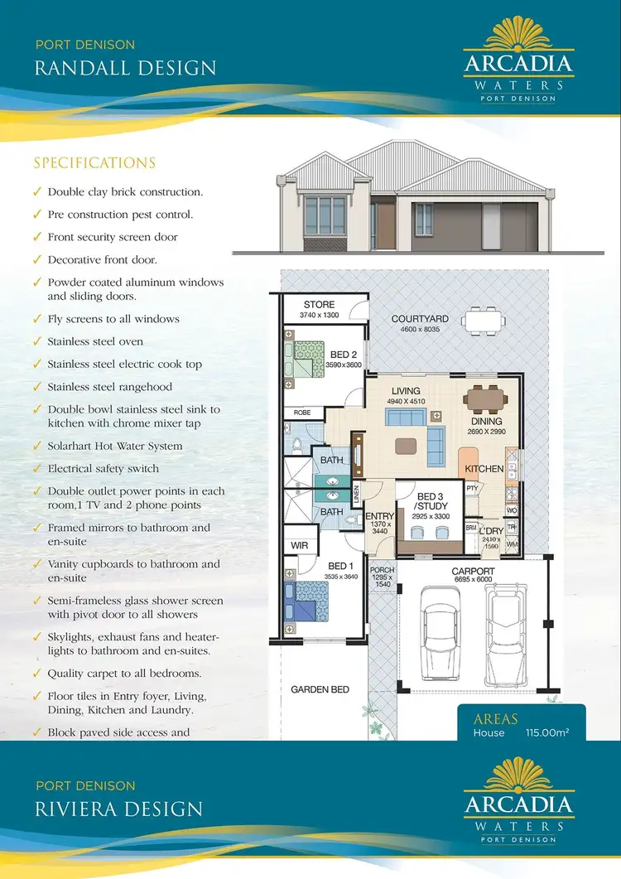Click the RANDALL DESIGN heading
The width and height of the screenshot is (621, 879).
[125, 67]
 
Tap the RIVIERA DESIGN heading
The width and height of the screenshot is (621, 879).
[118, 809]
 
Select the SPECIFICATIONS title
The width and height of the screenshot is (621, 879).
[94, 163]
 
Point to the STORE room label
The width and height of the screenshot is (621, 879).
[319, 305]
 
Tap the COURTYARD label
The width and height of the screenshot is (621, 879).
[420, 319]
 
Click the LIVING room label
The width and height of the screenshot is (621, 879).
[406, 391]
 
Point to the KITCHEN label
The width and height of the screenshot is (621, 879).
[484, 469]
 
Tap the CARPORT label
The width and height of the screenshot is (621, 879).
[473, 572]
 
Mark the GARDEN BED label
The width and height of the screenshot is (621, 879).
[320, 689]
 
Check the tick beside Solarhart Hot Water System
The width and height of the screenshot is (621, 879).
[37, 447]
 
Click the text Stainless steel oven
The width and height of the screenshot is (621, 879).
[95, 341]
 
